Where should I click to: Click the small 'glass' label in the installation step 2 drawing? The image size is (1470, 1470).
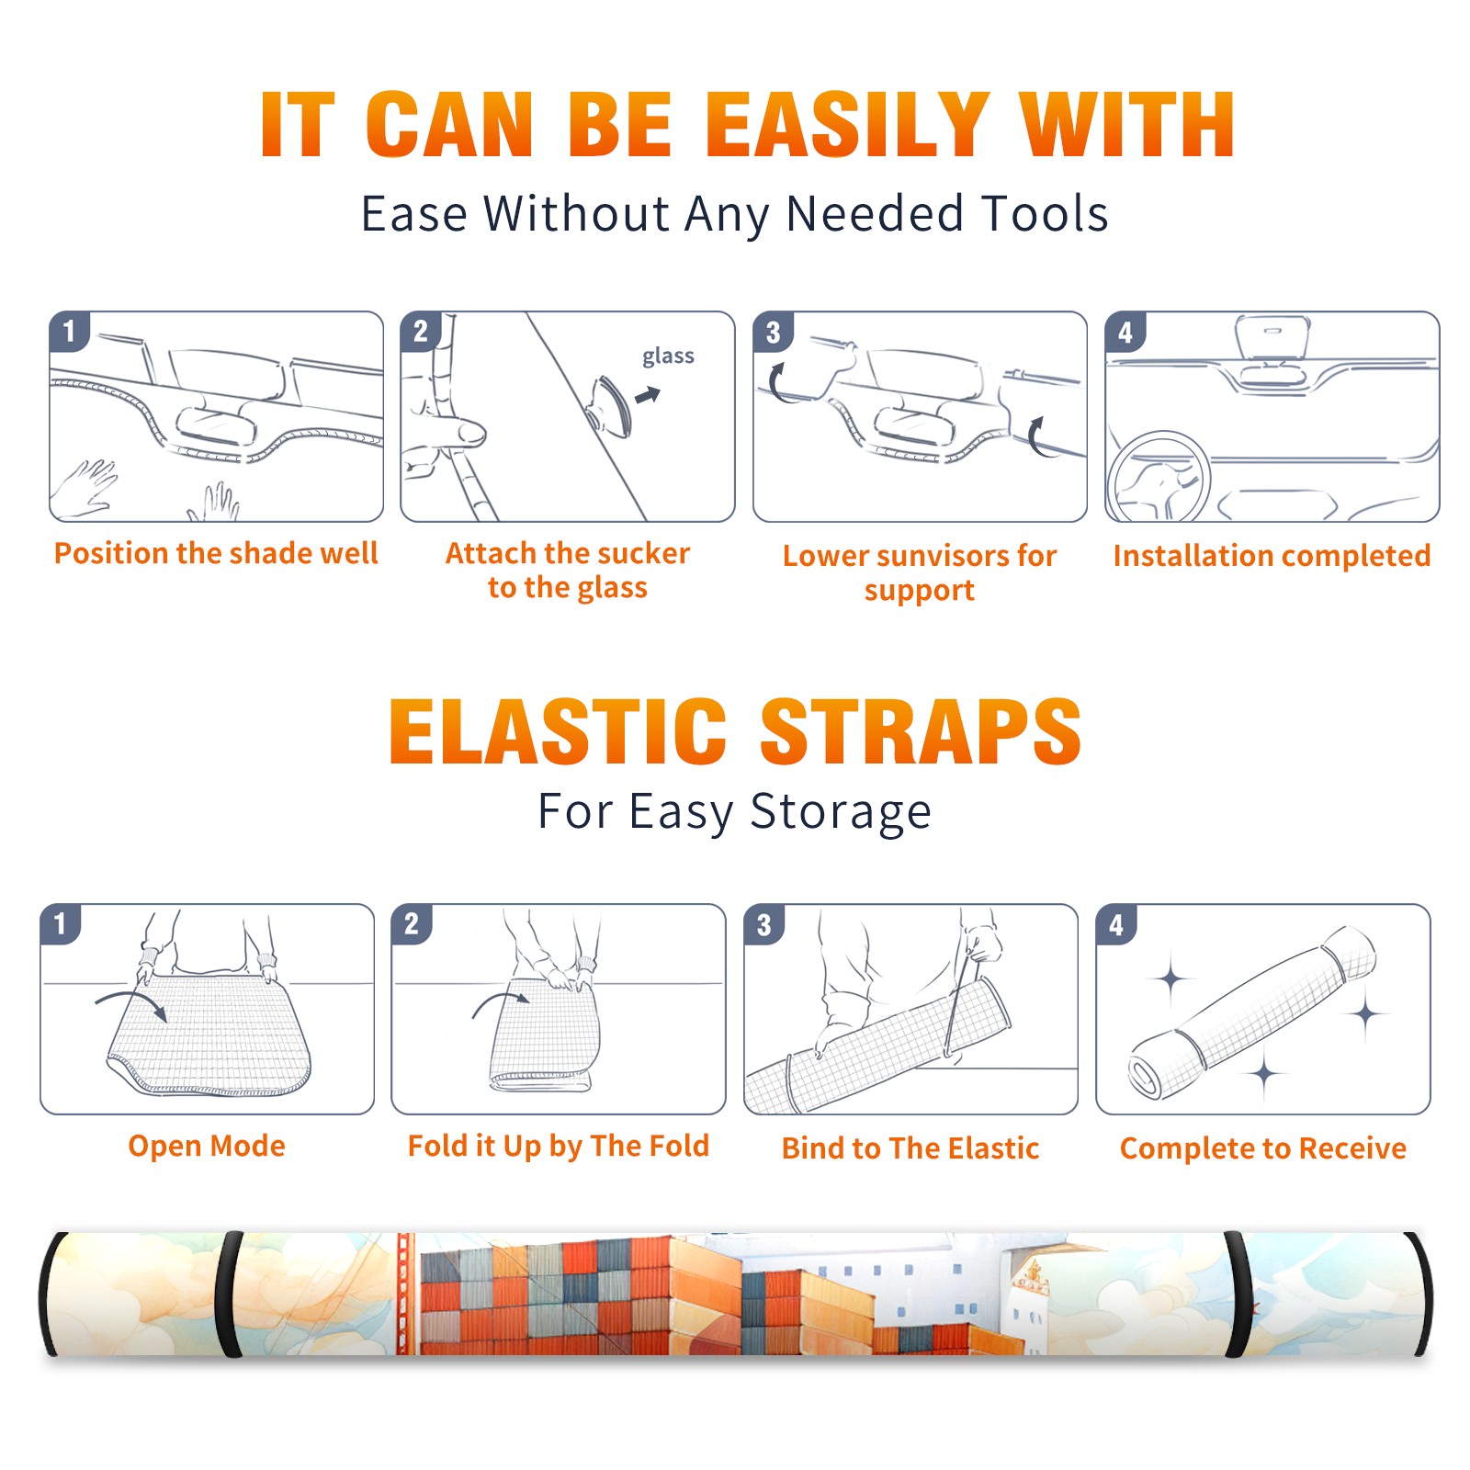tap(668, 356)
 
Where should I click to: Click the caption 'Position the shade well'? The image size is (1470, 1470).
tap(216, 553)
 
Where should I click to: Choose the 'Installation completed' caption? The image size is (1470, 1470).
tap(1272, 555)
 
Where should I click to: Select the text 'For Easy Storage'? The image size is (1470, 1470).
tap(735, 811)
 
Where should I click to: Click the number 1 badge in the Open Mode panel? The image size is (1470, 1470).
tap(61, 923)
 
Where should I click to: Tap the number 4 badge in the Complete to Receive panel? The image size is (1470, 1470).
tap(1116, 924)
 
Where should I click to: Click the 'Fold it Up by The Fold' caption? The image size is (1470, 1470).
tap(559, 1146)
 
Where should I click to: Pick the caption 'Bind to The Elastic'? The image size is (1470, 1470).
tap(910, 1148)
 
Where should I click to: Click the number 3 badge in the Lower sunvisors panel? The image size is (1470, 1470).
tap(773, 332)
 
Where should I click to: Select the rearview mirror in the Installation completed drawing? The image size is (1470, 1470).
tap(1272, 338)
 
